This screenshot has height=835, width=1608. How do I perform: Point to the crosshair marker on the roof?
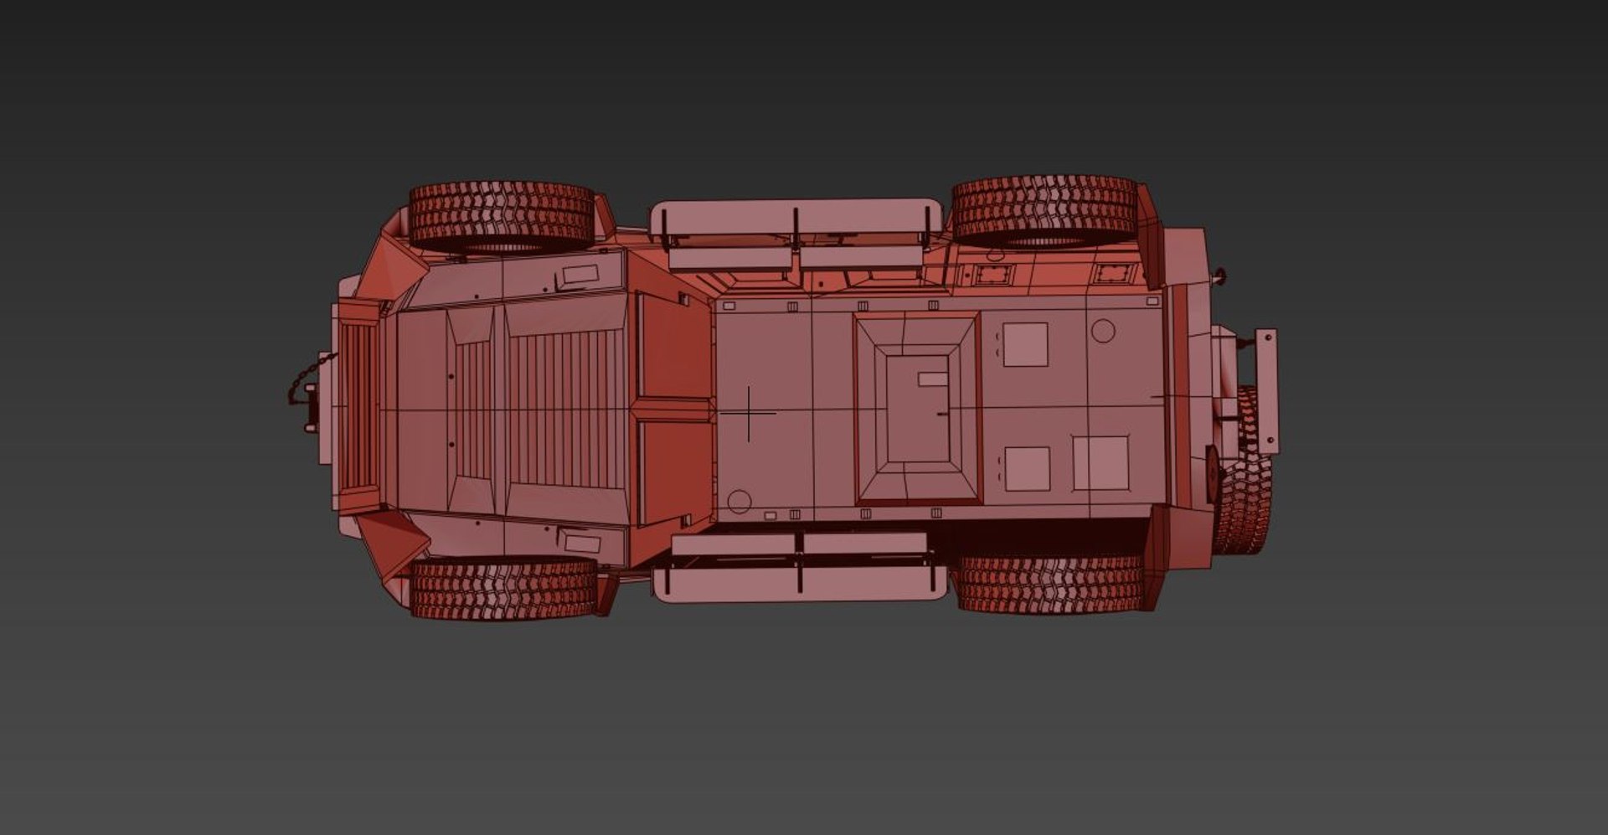coord(748,413)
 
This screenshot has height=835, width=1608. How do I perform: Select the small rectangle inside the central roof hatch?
coord(932,379)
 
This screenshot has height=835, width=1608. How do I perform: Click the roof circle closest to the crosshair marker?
coord(739,501)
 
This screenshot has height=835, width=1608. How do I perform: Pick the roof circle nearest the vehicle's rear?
coord(1103,331)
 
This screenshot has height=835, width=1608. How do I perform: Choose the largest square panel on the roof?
coord(1100,462)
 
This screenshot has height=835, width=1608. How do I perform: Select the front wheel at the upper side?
coord(502,215)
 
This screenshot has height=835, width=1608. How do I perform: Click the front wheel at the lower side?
coord(503,589)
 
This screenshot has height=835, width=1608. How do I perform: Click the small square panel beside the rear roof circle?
coord(1025,344)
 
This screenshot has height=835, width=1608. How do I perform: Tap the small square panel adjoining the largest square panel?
coord(1027,469)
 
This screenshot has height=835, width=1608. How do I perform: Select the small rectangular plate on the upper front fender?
coord(580,275)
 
